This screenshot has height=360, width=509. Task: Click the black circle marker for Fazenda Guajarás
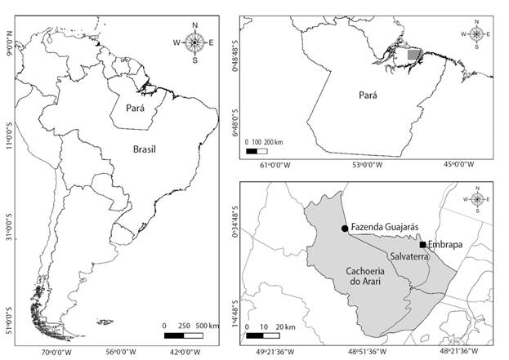[x=345, y=229]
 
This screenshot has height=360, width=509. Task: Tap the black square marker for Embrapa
[x=422, y=244]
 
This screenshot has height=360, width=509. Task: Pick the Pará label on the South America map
[x=140, y=107]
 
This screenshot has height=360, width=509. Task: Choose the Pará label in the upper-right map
[x=370, y=95]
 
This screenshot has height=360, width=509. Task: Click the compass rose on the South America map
[x=194, y=42]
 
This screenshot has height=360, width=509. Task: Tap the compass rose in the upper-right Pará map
[x=476, y=34]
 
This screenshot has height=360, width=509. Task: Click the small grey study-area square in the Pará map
[x=415, y=56]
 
